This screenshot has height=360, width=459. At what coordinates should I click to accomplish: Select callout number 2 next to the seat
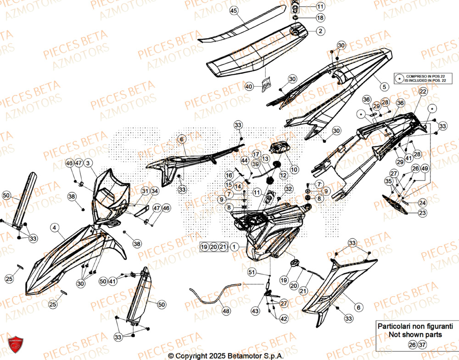pyautogui.click(x=320, y=31)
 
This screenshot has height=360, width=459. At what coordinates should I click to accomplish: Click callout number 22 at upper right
pyautogui.click(x=422, y=92)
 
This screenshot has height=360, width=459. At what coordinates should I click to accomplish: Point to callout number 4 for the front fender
pyautogui.click(x=54, y=227)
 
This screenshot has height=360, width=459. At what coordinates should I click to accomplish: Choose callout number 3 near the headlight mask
pyautogui.click(x=88, y=163)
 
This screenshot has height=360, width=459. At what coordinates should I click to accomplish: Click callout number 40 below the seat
pyautogui.click(x=249, y=86)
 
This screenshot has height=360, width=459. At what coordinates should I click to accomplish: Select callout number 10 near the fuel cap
pyautogui.click(x=294, y=169)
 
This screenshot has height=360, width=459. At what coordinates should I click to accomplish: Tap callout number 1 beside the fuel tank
pyautogui.click(x=235, y=247)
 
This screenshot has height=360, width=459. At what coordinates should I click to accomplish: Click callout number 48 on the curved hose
pyautogui.click(x=225, y=311)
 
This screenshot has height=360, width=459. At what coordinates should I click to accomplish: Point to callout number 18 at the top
pyautogui.click(x=320, y=17)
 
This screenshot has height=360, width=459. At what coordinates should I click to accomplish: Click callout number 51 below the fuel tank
pyautogui.click(x=251, y=273)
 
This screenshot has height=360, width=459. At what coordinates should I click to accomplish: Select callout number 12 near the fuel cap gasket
pyautogui.click(x=283, y=175)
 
